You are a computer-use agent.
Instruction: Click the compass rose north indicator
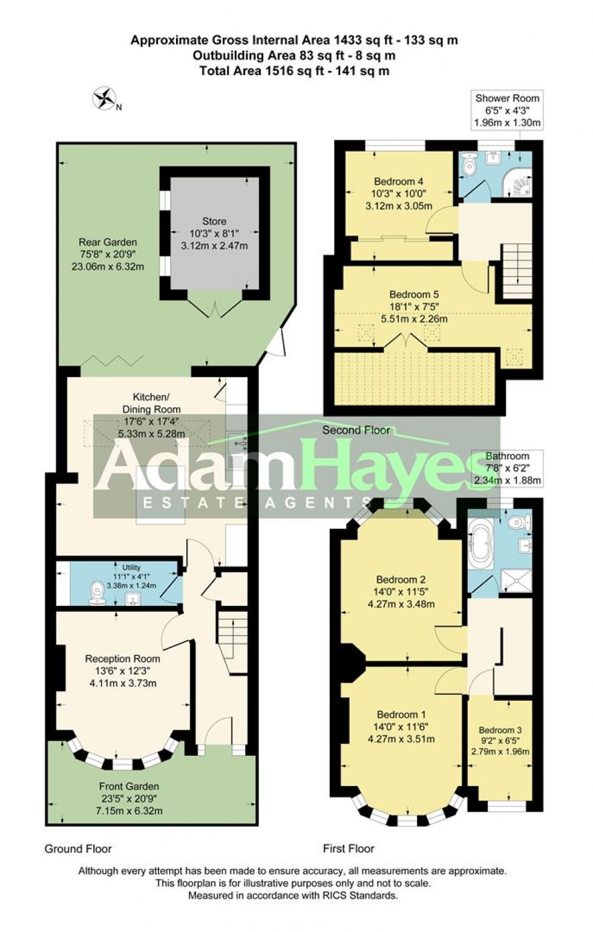pyautogui.click(x=105, y=97)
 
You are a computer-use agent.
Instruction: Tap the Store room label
pyautogui.click(x=214, y=222)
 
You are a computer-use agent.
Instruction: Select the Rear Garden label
pyautogui.click(x=108, y=242)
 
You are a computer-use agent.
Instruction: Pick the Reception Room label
pyautogui.click(x=122, y=658)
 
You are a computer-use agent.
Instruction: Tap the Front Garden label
pyautogui.click(x=129, y=787)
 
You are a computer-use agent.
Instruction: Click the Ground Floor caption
pyautogui.click(x=78, y=848)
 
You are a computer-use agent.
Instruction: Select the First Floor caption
pyautogui.click(x=349, y=848)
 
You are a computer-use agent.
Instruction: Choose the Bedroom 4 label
pyautogui.click(x=398, y=182)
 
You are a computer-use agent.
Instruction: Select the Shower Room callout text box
pyautogui.click(x=507, y=110)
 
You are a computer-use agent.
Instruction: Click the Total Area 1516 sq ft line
pyautogui.click(x=294, y=71)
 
